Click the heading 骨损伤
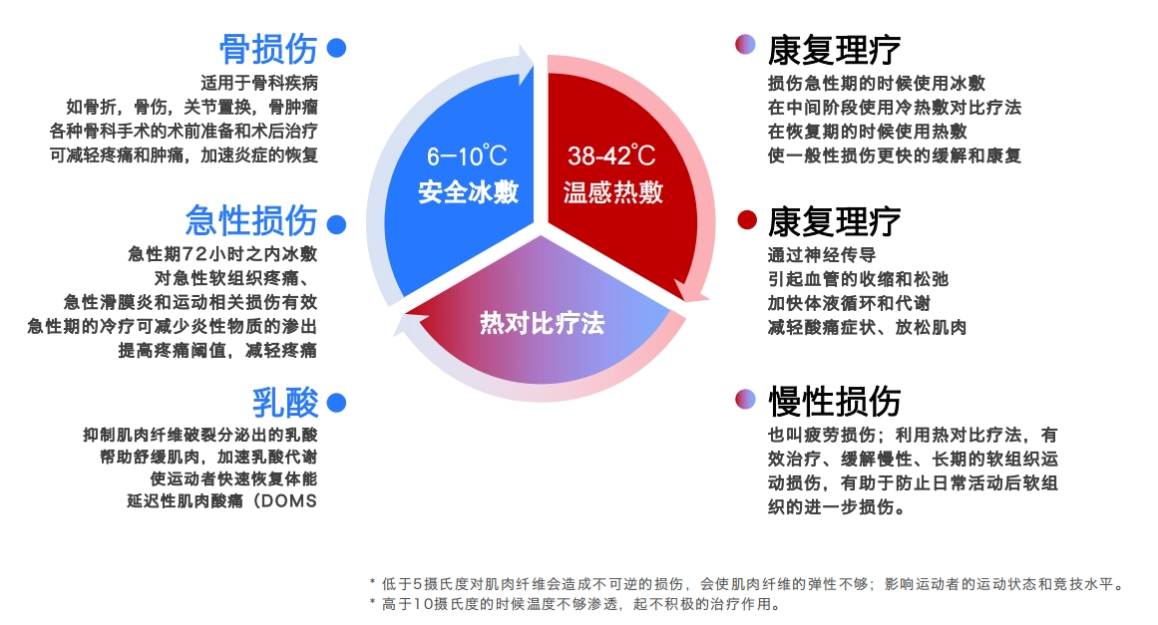click(x=268, y=48)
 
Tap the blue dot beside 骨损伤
click(x=337, y=48)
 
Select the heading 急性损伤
click(x=251, y=220)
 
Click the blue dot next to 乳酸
click(x=337, y=403)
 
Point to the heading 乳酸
click(x=285, y=403)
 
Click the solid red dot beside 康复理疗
click(x=745, y=220)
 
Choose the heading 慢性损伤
click(x=834, y=401)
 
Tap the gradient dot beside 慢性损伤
click(x=745, y=401)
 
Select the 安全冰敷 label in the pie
click(x=468, y=191)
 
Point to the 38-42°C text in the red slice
click(x=611, y=156)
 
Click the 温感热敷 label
click(x=611, y=191)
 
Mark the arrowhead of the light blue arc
click(x=526, y=63)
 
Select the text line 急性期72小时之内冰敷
click(x=222, y=253)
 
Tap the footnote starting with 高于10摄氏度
click(x=573, y=604)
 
